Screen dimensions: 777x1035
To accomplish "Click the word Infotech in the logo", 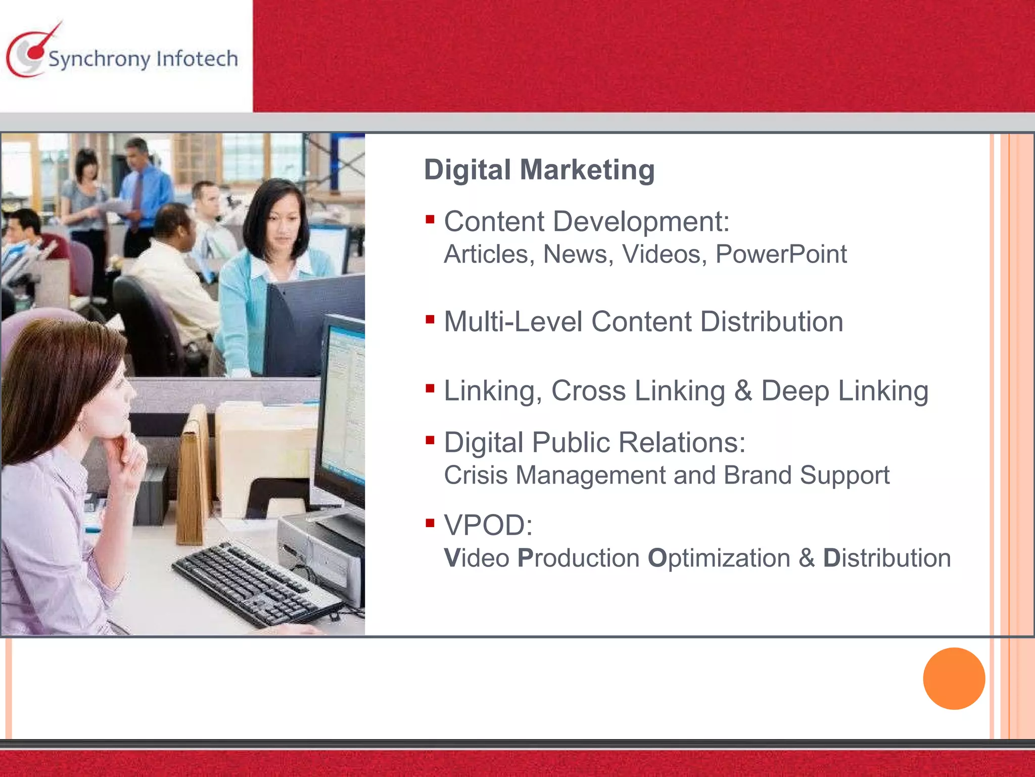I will pos(197,59).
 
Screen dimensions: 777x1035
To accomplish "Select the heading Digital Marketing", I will pos(539,169).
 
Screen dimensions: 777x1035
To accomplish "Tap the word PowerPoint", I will pos(781,254).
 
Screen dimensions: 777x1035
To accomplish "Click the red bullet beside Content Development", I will pos(430,220).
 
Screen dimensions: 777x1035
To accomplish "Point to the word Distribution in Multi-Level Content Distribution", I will pos(772,322).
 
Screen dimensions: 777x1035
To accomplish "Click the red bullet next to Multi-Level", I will pos(430,319).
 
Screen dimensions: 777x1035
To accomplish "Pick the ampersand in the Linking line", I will pos(743,391).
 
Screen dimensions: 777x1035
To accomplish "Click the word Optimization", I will pos(719,558).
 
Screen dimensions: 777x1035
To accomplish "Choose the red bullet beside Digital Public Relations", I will pos(430,440).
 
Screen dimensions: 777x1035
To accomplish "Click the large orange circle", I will pos(954,678).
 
